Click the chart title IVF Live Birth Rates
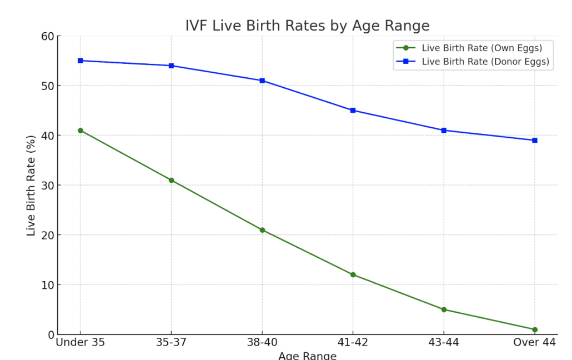[307, 26]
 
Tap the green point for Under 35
[81, 131]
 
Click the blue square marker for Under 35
[81, 61]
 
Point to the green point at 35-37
[171, 180]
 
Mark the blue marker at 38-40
[262, 81]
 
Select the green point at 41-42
[353, 274]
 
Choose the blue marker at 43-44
[444, 131]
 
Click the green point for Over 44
[534, 329]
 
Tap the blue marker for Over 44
[534, 140]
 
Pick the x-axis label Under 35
[81, 343]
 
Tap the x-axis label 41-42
[353, 343]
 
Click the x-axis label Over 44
[534, 343]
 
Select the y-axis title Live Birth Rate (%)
[31, 186]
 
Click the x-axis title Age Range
[307, 356]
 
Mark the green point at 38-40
[262, 230]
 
